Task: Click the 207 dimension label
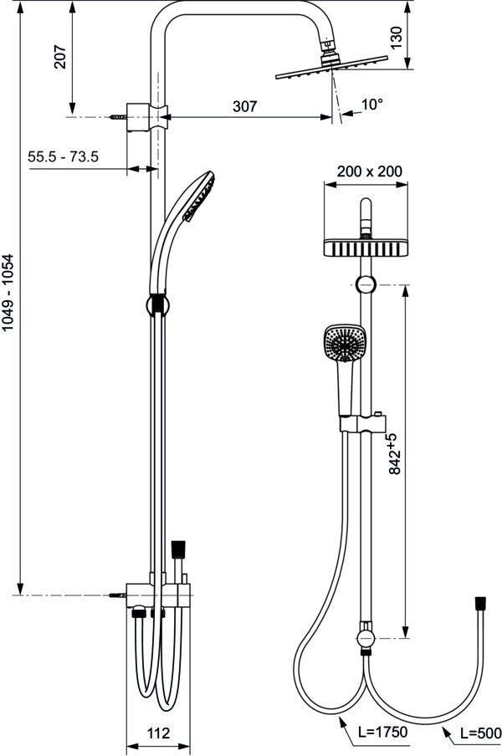click(60, 57)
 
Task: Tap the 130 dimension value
click(396, 38)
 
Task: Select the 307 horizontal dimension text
click(245, 106)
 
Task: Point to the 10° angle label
click(371, 105)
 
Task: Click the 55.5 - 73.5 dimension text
click(64, 156)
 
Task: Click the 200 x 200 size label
click(369, 171)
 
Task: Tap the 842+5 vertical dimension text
click(394, 454)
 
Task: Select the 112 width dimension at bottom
click(158, 733)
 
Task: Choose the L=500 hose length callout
click(480, 733)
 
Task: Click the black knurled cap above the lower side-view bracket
click(178, 549)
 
